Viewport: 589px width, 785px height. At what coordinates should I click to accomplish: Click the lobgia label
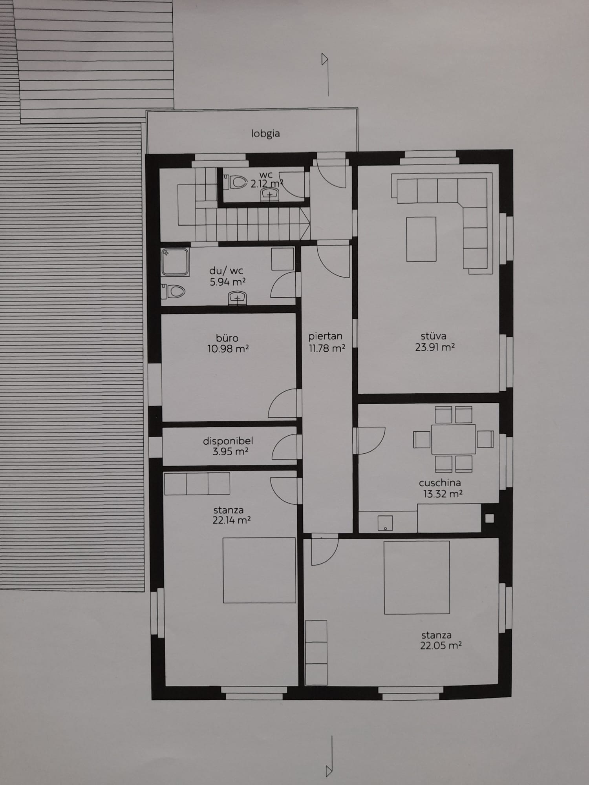pos(265,133)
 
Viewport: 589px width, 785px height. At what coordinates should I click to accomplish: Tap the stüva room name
pos(434,336)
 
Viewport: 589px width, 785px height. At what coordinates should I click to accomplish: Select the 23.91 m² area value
pos(435,347)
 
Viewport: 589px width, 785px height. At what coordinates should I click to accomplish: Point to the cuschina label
pos(440,483)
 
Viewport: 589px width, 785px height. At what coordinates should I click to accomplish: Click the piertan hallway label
pos(325,336)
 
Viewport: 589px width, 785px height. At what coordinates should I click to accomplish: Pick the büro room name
pos(227,338)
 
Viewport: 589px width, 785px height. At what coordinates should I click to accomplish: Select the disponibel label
pos(228,441)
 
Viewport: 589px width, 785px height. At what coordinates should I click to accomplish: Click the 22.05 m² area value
pos(441,645)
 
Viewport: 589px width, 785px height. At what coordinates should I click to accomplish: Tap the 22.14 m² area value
pos(231,520)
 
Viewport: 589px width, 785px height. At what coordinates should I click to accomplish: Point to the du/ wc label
pos(226,271)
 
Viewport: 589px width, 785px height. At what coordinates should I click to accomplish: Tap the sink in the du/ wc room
pos(238,298)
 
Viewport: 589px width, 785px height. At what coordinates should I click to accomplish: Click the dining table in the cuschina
pos(454,439)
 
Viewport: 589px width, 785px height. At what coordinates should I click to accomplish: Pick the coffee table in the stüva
pos(421,239)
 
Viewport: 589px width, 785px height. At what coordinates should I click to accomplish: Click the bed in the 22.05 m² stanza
pos(417,577)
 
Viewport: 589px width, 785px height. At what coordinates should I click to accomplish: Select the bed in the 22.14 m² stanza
pos(259,570)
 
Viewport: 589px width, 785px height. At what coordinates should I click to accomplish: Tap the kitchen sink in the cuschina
pos(385,523)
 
